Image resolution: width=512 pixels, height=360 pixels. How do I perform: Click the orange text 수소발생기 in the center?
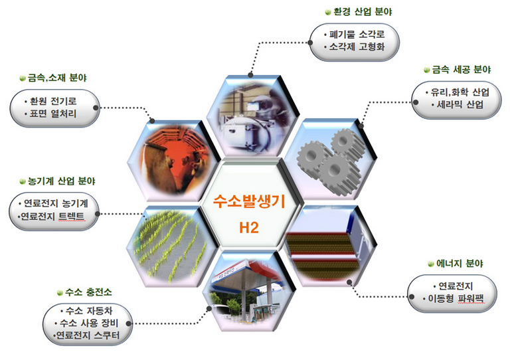pos(249,201)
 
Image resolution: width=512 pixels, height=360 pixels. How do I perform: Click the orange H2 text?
pos(249,228)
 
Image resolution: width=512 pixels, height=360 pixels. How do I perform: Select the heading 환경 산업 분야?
pos(363,12)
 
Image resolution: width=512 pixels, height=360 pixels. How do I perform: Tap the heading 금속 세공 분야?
pos(461,70)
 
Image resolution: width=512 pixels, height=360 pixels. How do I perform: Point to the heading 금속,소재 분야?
pos(57,78)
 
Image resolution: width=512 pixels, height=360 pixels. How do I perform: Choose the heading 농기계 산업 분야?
pos(61,181)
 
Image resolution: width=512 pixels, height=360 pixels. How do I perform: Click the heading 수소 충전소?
pos(88,292)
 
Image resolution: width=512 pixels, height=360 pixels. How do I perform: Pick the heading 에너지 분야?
pos(460,263)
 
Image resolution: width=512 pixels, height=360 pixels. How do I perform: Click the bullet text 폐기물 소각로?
pos(357,35)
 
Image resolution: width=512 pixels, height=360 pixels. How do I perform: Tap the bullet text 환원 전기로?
pos(53,101)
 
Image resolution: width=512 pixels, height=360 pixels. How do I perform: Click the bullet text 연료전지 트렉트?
pos(52,217)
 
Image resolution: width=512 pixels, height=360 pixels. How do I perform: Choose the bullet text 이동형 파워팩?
pos(456,298)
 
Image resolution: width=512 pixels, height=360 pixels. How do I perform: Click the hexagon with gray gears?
pos(331,159)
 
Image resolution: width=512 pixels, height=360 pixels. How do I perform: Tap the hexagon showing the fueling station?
pos(249,292)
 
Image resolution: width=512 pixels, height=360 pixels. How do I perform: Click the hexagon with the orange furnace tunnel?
pos(174,160)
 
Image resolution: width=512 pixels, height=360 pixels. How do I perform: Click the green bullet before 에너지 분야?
pos(431,264)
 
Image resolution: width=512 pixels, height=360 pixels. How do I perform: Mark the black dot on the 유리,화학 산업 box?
pos(416,102)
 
